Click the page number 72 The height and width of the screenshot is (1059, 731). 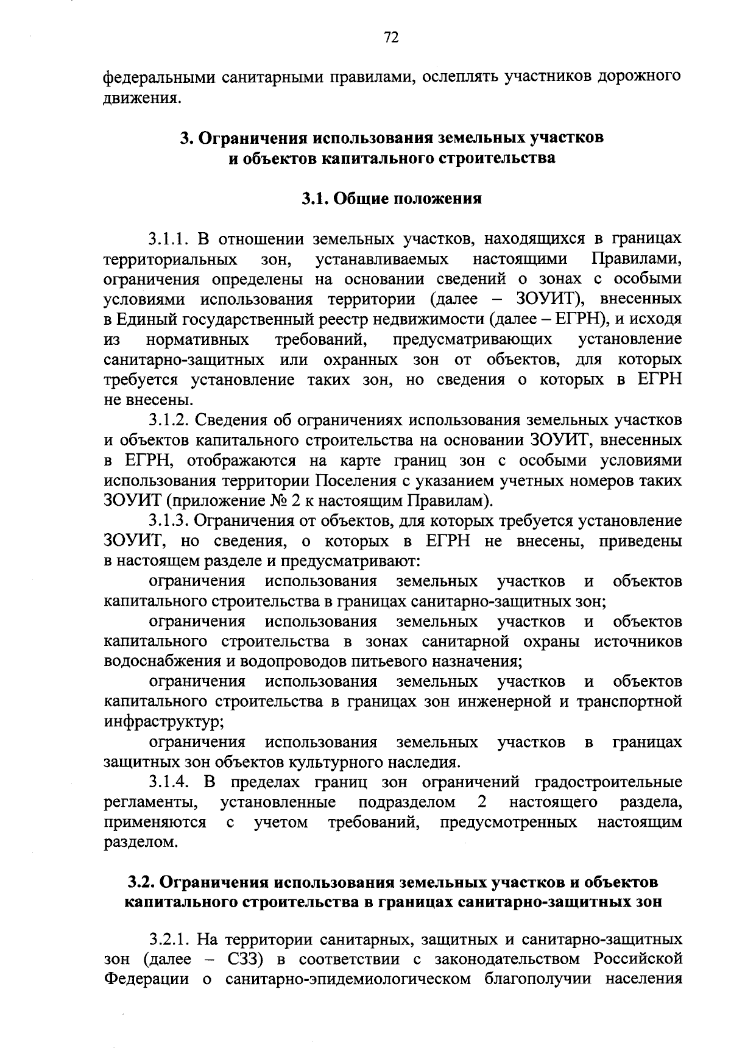[x=391, y=38]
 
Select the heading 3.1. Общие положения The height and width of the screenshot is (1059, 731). [x=392, y=199]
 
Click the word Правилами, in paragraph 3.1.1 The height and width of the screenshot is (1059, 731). [x=637, y=259]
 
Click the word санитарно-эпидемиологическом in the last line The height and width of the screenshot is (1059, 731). [x=348, y=979]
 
